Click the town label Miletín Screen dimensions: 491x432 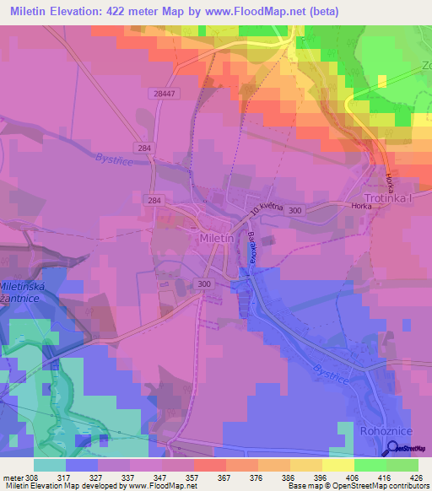pos(216,239)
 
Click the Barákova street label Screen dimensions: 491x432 pos(251,247)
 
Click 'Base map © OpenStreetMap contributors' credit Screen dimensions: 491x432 pos(358,486)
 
